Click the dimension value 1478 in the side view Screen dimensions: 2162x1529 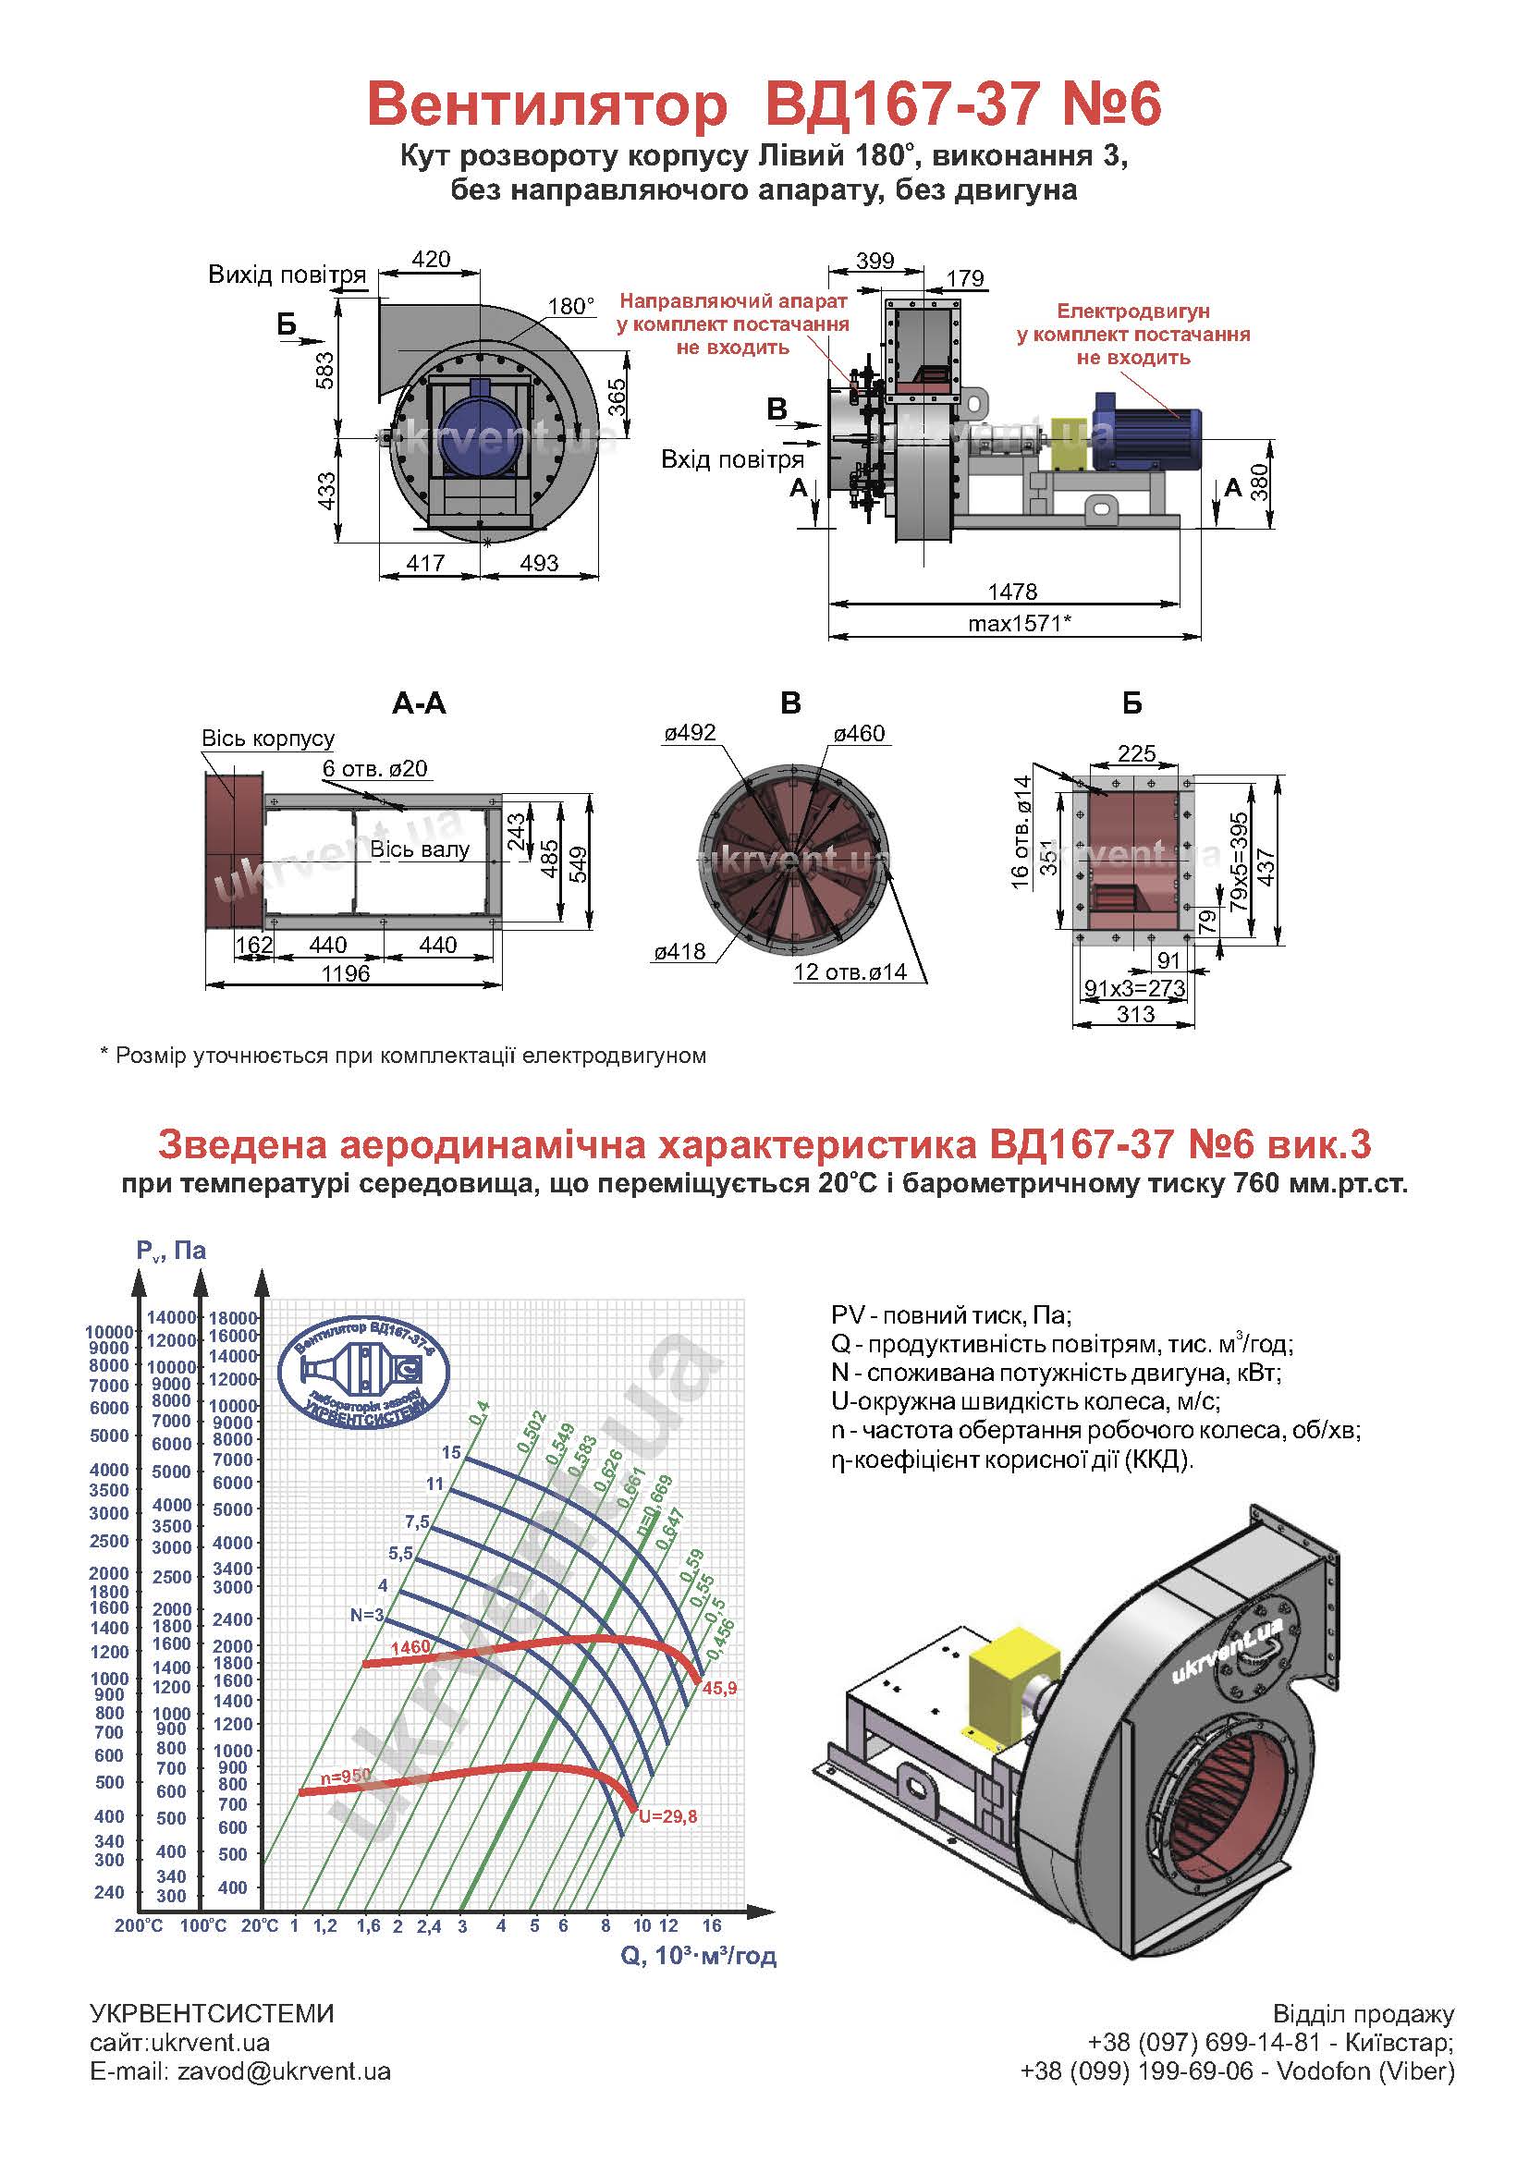click(x=1012, y=592)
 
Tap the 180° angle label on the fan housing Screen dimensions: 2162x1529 click(x=571, y=306)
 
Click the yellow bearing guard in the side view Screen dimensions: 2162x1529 click(x=1069, y=443)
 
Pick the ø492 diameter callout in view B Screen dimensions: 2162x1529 click(x=690, y=733)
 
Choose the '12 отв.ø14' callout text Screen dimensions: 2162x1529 click(x=850, y=971)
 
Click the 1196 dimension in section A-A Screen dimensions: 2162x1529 click(x=346, y=973)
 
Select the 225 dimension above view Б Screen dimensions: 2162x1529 click(x=1136, y=753)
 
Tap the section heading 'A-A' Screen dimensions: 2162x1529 click(x=419, y=703)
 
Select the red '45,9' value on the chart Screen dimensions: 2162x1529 click(x=719, y=1689)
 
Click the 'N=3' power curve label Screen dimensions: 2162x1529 click(x=367, y=1615)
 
